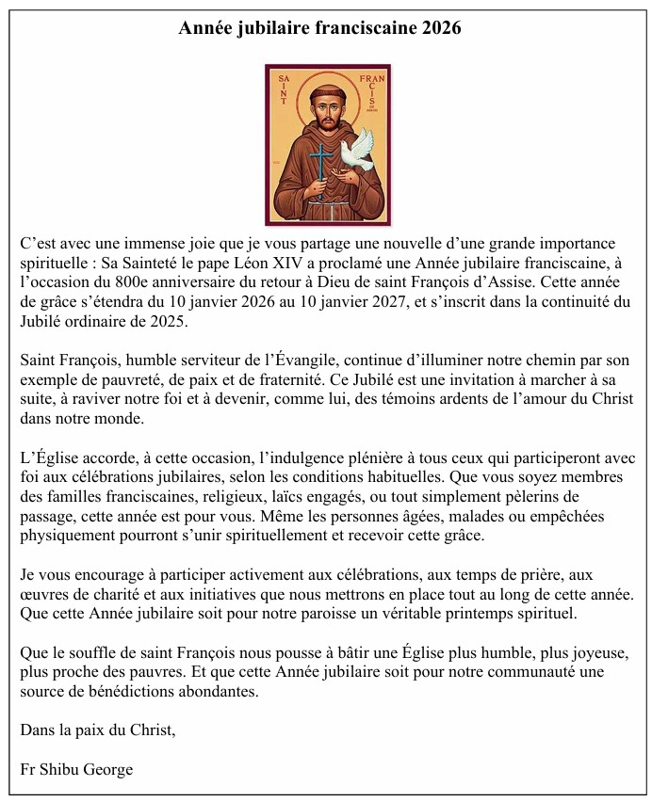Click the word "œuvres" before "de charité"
tap(44, 594)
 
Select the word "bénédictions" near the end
tap(121, 691)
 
